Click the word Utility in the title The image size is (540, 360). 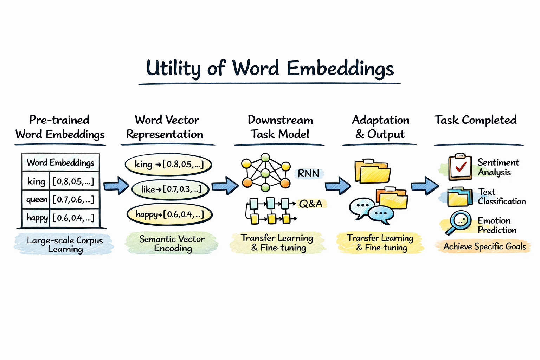tap(173, 68)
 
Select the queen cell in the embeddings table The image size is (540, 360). tap(37, 200)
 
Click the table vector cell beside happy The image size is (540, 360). tap(73, 218)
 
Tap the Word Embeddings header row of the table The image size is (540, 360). tap(60, 162)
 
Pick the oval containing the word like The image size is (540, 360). tap(171, 189)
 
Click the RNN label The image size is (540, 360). tap(308, 174)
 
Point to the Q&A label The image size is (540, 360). tap(311, 204)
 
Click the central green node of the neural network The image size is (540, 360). tap(265, 173)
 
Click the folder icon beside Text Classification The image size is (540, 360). tap(459, 197)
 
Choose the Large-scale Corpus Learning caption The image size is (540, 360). tap(65, 244)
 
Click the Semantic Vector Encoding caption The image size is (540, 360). tap(172, 243)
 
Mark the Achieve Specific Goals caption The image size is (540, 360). tap(484, 246)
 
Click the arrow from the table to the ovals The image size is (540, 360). tap(116, 185)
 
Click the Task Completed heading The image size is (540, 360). tap(475, 120)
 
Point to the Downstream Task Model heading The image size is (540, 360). tap(280, 127)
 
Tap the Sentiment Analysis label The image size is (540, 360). tap(498, 167)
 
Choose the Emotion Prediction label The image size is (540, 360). tap(497, 225)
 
